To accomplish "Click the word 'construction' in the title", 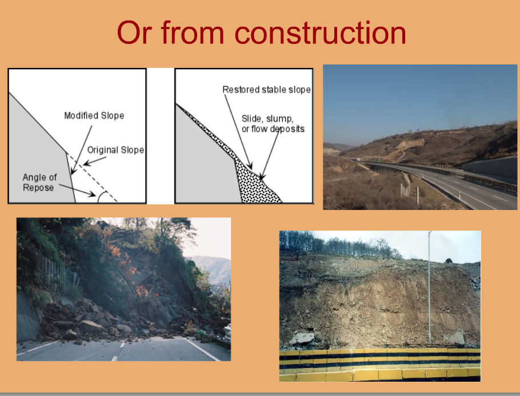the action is pos(321,33).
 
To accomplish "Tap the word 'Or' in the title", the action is pos(134,33).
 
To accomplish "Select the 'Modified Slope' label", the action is pos(94,116).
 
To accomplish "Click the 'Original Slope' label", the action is pos(115,150).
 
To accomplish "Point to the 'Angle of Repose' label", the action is pos(39,183).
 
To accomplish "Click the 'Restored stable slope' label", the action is pos(267,90).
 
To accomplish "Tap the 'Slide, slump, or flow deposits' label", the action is pos(273,124).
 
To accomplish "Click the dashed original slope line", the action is pos(92,177).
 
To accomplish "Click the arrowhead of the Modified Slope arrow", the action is pos(73,171).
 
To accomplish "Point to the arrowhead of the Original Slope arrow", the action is pos(86,163).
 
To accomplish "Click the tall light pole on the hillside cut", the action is pos(430,287).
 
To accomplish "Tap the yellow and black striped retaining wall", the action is pos(380,365).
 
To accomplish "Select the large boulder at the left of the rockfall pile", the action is pos(90,326).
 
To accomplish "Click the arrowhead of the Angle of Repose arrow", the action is pos(92,194).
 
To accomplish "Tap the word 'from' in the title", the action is pos(193,33).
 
